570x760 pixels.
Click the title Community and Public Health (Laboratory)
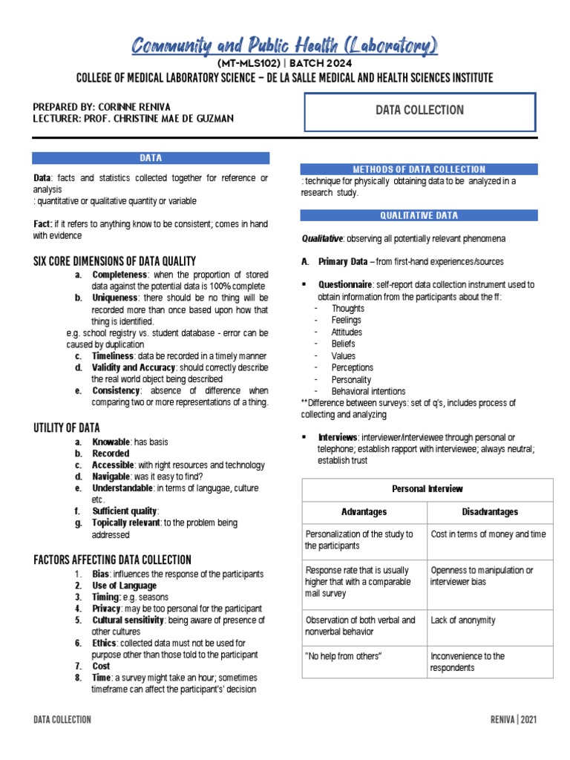[x=284, y=46]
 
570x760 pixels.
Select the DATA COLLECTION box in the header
[x=419, y=111]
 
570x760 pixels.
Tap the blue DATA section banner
[x=151, y=158]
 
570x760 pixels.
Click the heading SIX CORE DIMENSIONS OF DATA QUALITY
[x=115, y=261]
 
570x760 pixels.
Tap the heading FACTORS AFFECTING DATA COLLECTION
[x=112, y=560]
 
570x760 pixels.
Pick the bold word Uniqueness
[x=114, y=298]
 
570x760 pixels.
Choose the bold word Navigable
[x=111, y=476]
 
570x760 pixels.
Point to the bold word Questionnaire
[x=345, y=284]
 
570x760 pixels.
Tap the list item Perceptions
[x=353, y=367]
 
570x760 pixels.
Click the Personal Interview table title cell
[x=427, y=489]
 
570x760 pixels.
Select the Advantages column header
[x=364, y=512]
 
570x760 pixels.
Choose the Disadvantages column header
[x=490, y=512]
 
